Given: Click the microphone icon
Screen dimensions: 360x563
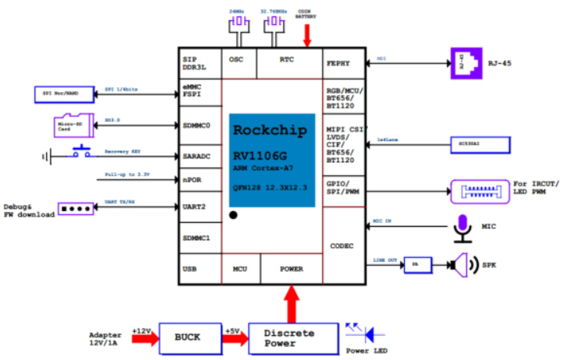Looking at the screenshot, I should (x=463, y=226).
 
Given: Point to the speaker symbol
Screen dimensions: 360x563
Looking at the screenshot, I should (x=460, y=265).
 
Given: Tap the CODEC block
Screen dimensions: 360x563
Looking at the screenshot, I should (x=343, y=246).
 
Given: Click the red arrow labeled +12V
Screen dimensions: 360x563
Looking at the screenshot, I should (x=144, y=337).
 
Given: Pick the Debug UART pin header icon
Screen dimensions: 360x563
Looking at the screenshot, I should (x=76, y=209).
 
